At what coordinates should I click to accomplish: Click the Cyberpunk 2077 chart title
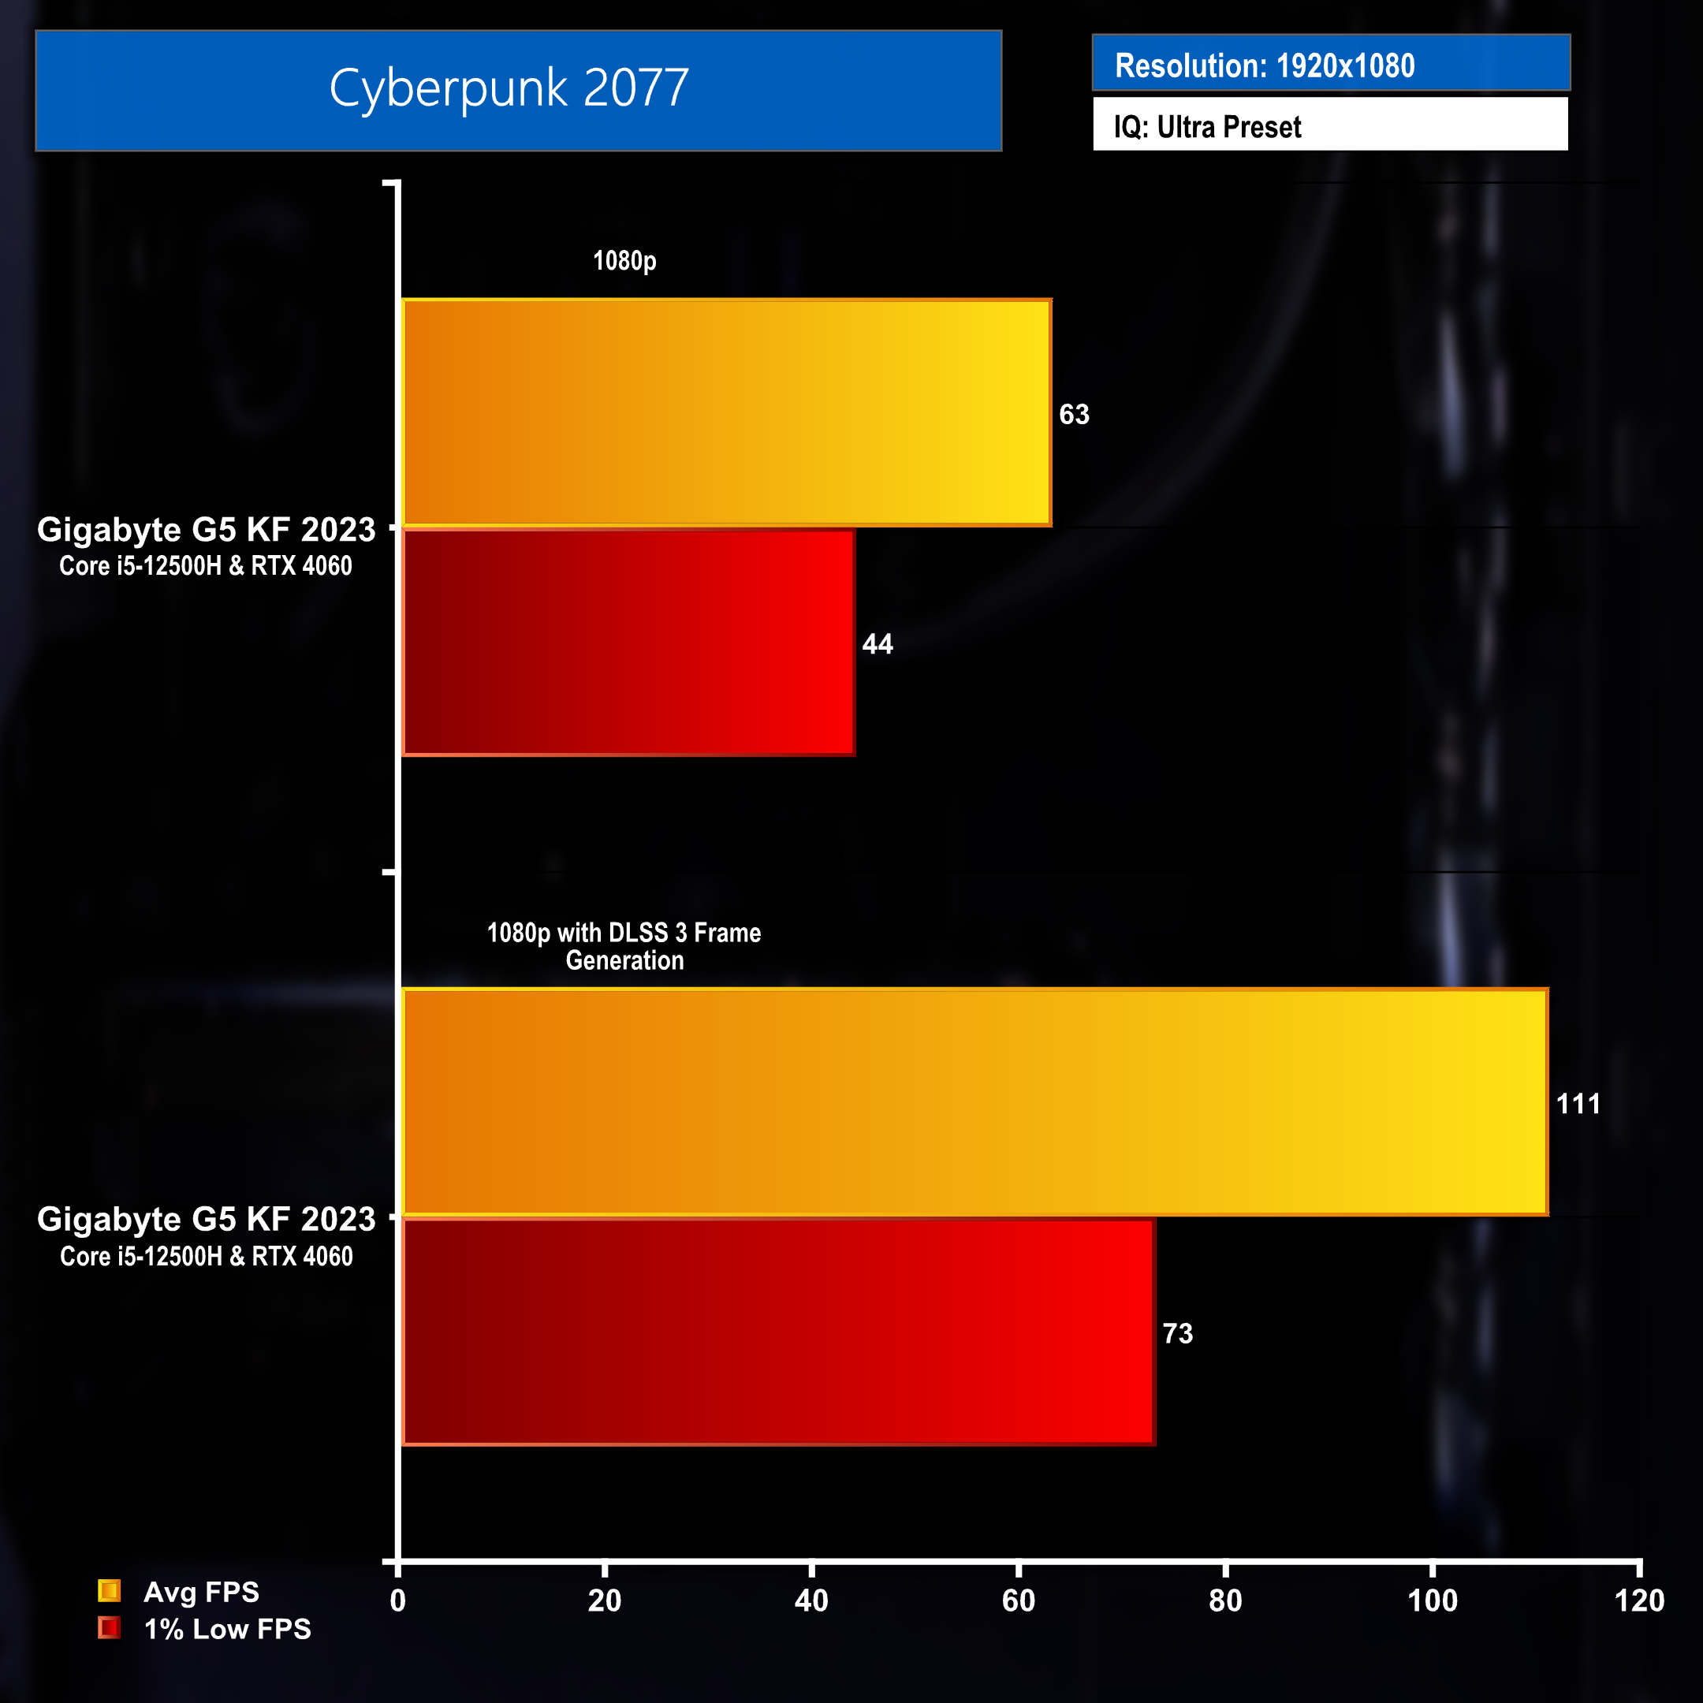[509, 88]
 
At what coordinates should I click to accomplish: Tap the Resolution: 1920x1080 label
[1264, 65]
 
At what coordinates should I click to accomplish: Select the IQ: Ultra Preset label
[1207, 127]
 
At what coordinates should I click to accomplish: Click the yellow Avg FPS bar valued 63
[726, 412]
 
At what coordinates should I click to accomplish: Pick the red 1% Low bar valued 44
[628, 643]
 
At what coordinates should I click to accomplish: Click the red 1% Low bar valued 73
[777, 1332]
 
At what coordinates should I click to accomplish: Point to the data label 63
[1074, 414]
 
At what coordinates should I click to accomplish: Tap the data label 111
[1578, 1104]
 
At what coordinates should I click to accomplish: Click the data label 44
[877, 644]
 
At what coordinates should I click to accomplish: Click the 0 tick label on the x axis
[397, 1601]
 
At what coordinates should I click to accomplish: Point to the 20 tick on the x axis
[605, 1601]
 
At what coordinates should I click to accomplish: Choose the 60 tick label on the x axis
[1018, 1601]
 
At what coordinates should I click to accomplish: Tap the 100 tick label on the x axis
[1432, 1601]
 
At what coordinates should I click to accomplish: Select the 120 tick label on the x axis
[1638, 1601]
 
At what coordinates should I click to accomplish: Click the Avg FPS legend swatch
[110, 1591]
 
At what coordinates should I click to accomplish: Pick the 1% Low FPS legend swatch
[110, 1628]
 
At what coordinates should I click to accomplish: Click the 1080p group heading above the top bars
[624, 261]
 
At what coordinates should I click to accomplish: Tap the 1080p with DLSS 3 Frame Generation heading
[624, 946]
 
